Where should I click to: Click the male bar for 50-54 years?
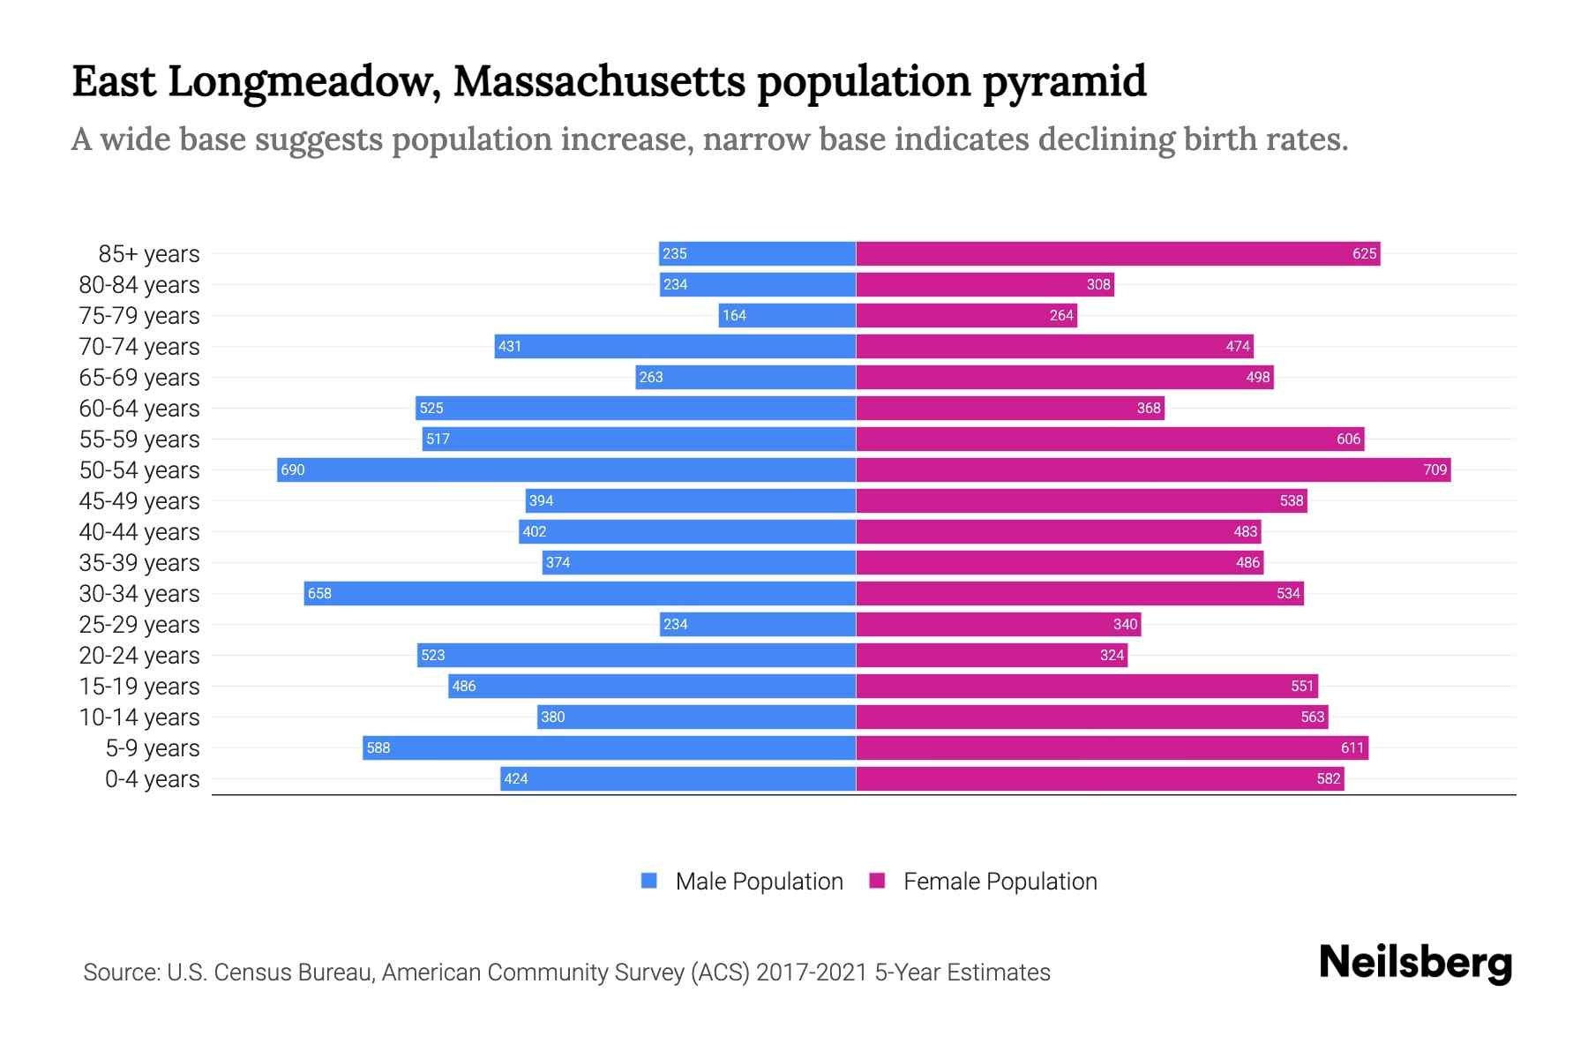[566, 469]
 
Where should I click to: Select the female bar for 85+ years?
[1118, 253]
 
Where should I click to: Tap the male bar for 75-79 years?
[787, 315]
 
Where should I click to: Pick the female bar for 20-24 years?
[992, 655]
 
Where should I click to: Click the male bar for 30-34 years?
[580, 593]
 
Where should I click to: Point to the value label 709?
[1434, 469]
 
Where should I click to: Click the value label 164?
[734, 315]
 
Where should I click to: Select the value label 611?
[1352, 747]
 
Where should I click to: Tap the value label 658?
[319, 593]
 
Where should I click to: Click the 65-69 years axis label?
[139, 378]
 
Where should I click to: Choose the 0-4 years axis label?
[152, 779]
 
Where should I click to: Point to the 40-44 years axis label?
[139, 532]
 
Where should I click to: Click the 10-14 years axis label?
[139, 717]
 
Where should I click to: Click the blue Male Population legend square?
[649, 881]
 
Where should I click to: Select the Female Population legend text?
[1000, 881]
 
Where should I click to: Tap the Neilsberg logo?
[1415, 963]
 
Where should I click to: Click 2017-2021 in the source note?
[812, 973]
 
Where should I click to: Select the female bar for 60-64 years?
[1010, 408]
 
